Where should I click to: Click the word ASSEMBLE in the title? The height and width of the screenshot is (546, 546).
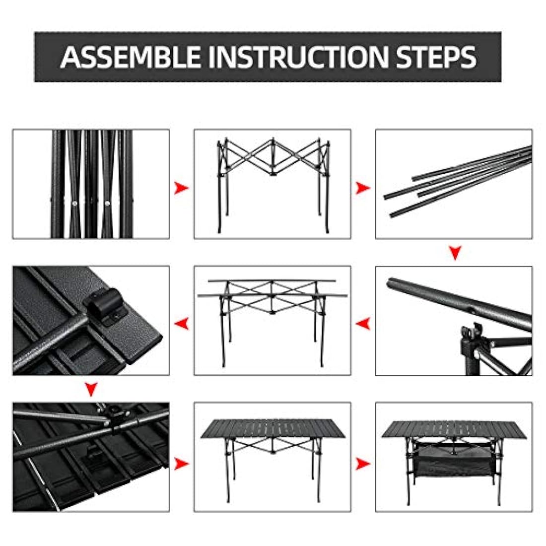click(x=131, y=57)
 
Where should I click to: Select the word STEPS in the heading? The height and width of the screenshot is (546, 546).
click(x=436, y=57)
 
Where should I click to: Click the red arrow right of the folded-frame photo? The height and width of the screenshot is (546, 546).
click(x=181, y=188)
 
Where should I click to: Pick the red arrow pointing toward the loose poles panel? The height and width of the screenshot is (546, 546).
click(x=363, y=188)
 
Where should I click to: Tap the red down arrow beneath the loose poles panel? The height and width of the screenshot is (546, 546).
click(x=455, y=253)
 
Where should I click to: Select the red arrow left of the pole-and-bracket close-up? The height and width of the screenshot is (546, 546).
click(x=363, y=324)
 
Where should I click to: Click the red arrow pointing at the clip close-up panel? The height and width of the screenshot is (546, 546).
click(x=181, y=324)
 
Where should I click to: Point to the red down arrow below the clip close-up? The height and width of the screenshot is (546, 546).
click(x=91, y=389)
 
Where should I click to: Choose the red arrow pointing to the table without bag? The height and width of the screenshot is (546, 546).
click(x=181, y=464)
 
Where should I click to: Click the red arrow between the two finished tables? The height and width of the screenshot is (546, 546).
click(x=363, y=464)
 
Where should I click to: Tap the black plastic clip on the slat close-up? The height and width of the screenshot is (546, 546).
click(x=106, y=305)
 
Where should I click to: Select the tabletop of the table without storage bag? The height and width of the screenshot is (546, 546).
click(x=273, y=428)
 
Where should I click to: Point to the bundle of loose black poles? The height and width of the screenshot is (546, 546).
click(x=458, y=181)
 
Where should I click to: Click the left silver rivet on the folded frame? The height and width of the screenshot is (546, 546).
click(x=74, y=203)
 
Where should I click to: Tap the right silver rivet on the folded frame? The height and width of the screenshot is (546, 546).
click(x=108, y=203)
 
